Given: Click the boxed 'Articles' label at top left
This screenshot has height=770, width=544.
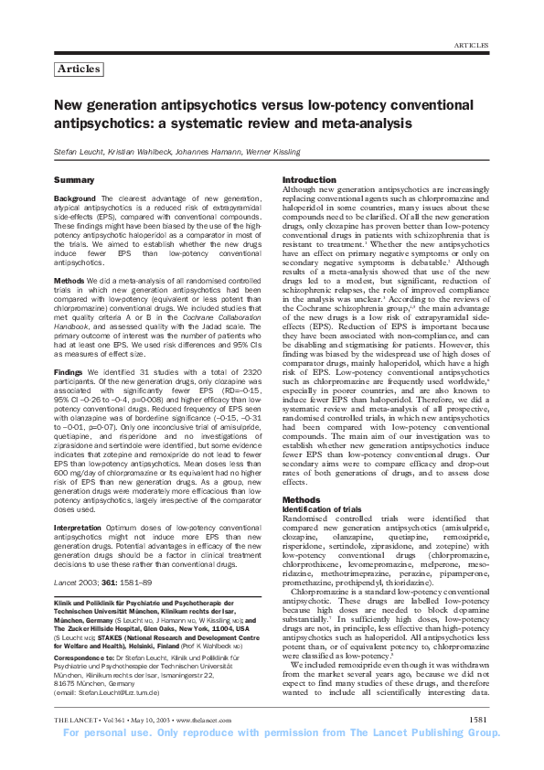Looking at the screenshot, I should click(79, 69).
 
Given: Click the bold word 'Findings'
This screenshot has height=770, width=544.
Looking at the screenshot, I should click(70, 374).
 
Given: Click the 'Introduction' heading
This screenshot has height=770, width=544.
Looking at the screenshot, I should click(309, 179).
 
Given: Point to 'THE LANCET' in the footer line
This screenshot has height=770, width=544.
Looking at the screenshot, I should click(77, 745).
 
